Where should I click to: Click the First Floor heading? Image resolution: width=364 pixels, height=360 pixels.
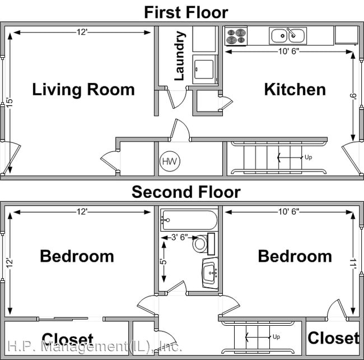[x=186, y=11]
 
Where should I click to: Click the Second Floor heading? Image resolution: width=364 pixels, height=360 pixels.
[x=186, y=192]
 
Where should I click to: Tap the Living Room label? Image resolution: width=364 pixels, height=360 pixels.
[x=83, y=89]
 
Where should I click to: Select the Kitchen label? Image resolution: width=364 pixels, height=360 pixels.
[x=295, y=89]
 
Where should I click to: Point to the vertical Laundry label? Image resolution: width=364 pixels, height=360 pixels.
[x=180, y=56]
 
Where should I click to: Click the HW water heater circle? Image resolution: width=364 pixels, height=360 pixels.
[x=169, y=162]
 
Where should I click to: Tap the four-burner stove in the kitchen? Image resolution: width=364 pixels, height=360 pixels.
[x=236, y=36]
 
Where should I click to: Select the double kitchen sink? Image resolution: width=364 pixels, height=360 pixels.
[x=287, y=36]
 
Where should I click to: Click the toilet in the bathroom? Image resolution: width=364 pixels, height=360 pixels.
[x=200, y=244]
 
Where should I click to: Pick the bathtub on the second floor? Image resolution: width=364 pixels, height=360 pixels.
[x=188, y=220]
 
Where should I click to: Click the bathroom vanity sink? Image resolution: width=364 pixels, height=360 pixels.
[x=210, y=274]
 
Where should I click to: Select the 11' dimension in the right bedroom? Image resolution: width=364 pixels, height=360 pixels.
[x=353, y=261]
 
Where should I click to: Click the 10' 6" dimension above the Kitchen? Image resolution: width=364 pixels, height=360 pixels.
[x=289, y=52]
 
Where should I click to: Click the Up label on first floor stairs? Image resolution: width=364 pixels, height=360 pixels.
[x=307, y=158]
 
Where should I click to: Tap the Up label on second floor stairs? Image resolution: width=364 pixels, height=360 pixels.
[x=276, y=337]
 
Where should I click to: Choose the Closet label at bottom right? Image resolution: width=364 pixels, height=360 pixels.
[x=333, y=338]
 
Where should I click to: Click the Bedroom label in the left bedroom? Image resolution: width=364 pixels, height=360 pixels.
[x=77, y=256]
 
